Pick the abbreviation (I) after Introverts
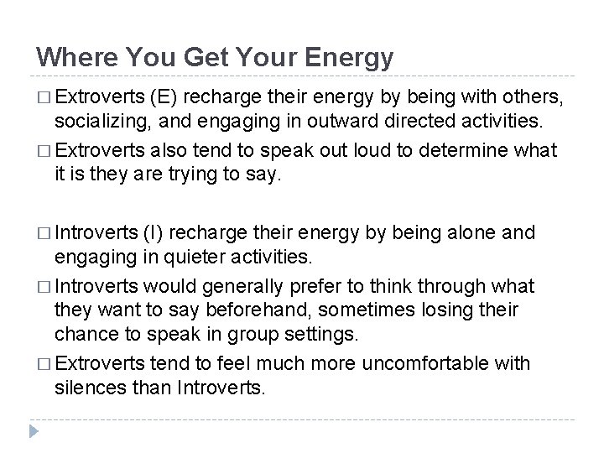coord(154,232)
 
